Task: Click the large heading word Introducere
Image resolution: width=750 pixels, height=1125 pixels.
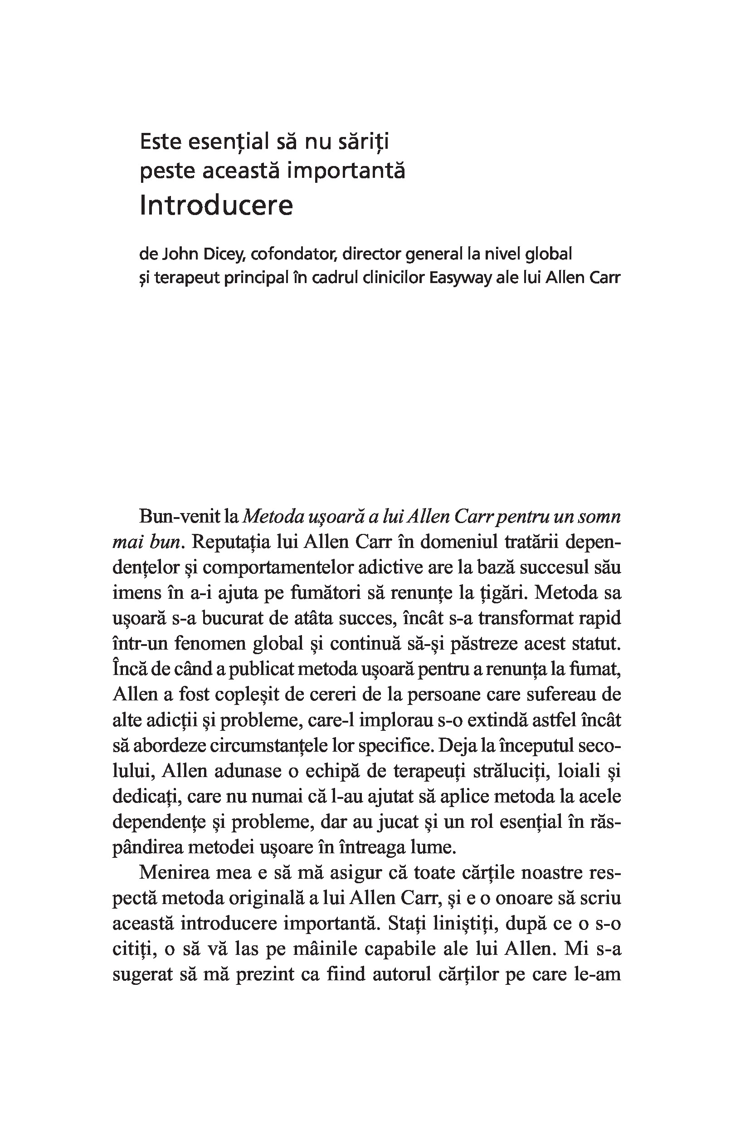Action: coord(216,205)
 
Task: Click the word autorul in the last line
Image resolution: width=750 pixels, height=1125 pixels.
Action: coord(402,974)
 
